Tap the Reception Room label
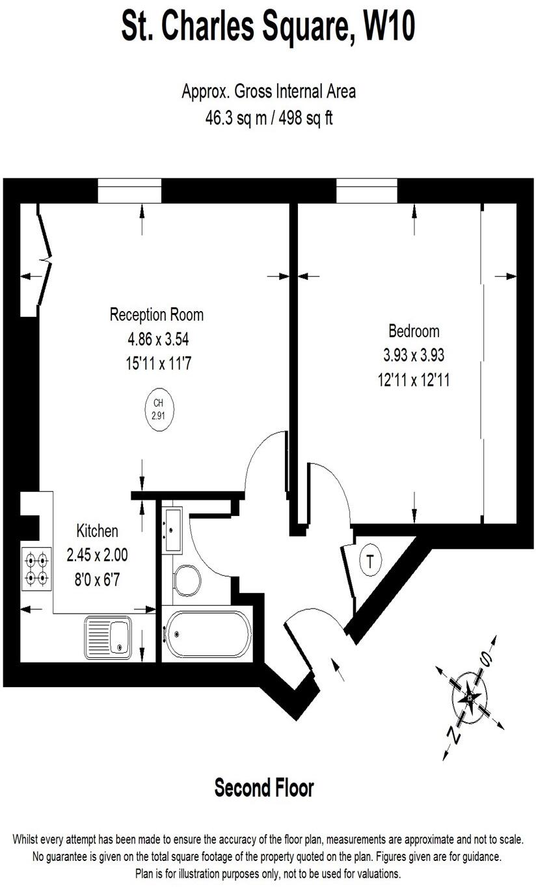tap(156, 315)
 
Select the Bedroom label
tap(414, 331)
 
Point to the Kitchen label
tap(98, 531)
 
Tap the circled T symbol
tap(371, 561)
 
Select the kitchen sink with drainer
tap(108, 638)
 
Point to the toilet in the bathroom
tap(187, 578)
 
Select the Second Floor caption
tap(264, 788)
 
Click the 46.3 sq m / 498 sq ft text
tap(269, 119)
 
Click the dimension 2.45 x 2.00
tap(98, 555)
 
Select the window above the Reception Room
tap(129, 190)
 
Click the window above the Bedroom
tap(366, 190)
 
